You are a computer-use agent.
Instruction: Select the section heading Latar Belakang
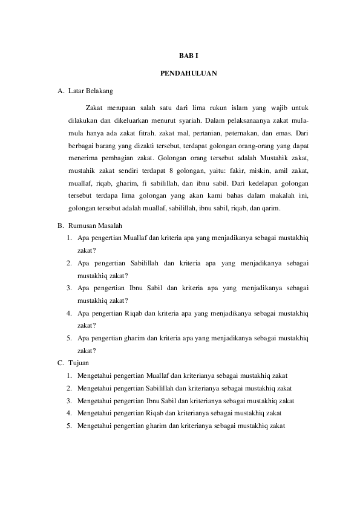click(x=90, y=92)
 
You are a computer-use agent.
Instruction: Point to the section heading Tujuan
click(x=79, y=363)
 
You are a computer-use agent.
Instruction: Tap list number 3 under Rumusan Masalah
click(x=70, y=288)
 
